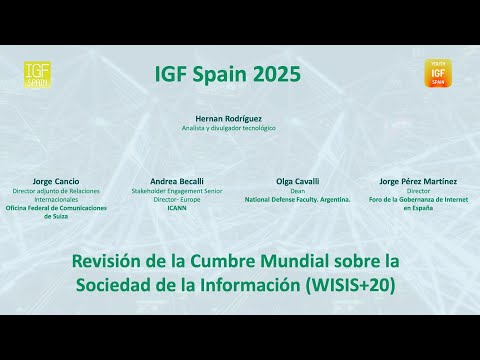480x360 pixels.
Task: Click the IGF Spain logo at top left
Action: coord(37,74)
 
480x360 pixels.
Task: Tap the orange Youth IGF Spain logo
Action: coord(437,73)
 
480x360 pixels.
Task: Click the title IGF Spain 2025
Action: coord(227,74)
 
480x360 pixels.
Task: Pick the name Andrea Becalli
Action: coord(176,181)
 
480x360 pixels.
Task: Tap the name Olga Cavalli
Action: coord(297,181)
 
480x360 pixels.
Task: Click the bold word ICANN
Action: coord(176,207)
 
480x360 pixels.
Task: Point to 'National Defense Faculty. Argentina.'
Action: coord(297,199)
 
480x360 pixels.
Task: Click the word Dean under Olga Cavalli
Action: coord(297,190)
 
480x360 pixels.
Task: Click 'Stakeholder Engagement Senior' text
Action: coord(176,190)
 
